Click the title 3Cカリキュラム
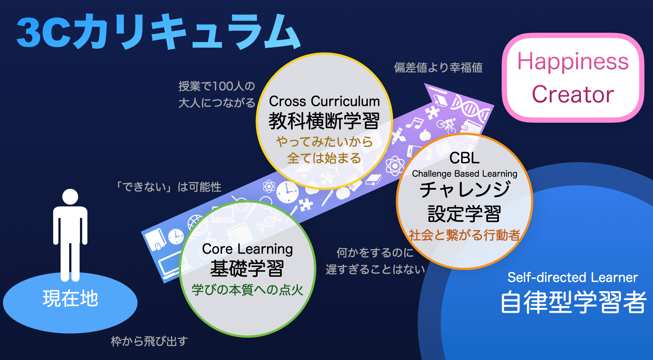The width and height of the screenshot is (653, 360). [158, 31]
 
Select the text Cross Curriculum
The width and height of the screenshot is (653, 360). [324, 101]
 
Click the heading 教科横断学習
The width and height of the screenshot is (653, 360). [324, 121]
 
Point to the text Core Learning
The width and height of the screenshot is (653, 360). [247, 249]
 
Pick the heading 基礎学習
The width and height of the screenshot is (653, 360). [247, 268]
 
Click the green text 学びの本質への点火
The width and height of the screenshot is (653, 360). [247, 290]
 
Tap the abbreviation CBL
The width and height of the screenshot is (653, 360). [464, 158]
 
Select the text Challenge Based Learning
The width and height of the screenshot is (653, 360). [464, 174]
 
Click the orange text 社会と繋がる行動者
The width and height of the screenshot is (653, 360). [464, 235]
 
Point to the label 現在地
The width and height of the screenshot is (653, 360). [70, 299]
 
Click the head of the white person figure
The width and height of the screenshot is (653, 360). [70, 197]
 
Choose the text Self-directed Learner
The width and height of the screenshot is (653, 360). [573, 277]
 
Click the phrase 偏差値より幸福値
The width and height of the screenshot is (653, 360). [438, 67]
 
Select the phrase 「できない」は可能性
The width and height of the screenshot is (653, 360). [168, 187]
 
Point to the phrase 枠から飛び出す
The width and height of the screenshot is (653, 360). [149, 341]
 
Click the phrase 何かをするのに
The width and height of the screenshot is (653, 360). [375, 253]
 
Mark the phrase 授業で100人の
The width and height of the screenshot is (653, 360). [217, 86]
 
